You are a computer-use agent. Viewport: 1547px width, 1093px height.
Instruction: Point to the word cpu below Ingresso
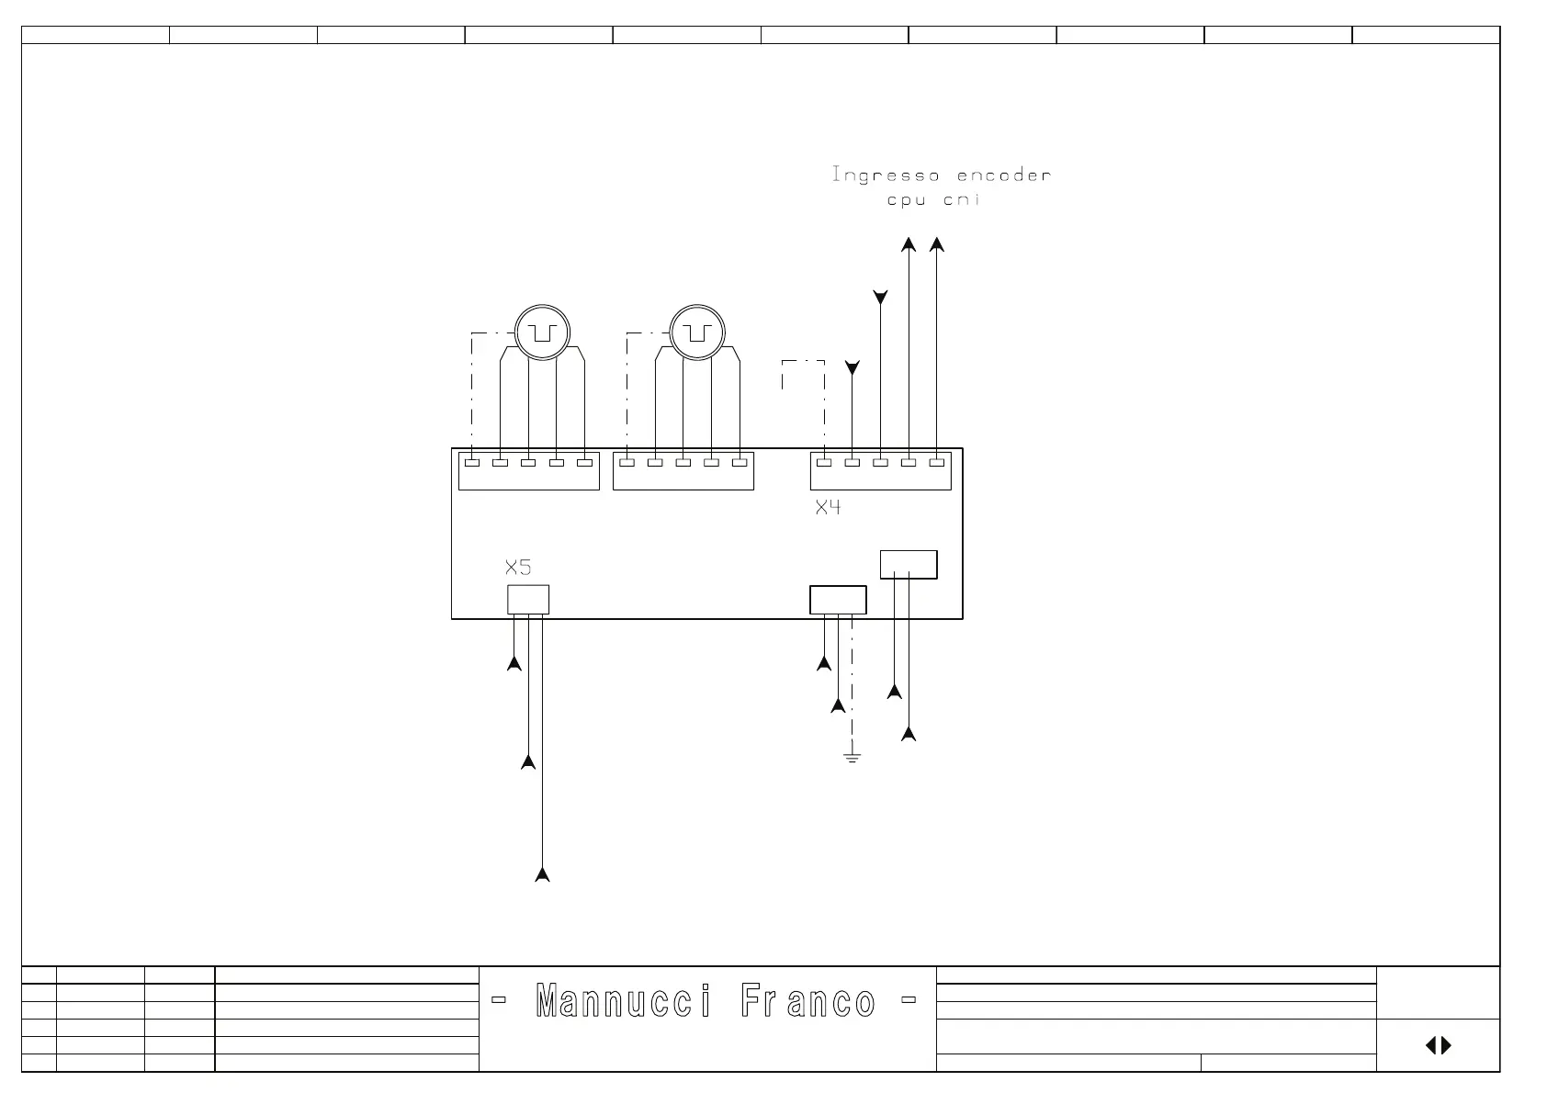pos(906,199)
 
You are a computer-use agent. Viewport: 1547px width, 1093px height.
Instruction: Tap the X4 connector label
pos(828,507)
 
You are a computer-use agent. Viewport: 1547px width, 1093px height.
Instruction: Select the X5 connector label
pos(518,567)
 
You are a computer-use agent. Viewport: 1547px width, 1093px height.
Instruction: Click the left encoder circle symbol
pos(542,332)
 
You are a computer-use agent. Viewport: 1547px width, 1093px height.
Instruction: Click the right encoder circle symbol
pos(697,332)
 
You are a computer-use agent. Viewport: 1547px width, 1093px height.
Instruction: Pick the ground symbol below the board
pos(852,758)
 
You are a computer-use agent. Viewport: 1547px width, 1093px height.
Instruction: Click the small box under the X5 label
pos(528,600)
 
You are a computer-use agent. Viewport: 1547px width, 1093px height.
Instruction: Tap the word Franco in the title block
pos(807,1001)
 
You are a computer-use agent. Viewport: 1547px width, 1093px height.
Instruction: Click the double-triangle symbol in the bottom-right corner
pos(1438,1045)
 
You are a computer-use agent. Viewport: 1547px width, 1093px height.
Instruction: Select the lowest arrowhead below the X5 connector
pos(542,874)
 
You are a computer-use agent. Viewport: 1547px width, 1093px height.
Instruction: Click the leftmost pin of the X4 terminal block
pos(824,463)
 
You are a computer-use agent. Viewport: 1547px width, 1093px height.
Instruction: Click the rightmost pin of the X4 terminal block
pos(936,463)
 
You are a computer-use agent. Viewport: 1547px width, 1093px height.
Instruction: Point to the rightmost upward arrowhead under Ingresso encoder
pos(936,244)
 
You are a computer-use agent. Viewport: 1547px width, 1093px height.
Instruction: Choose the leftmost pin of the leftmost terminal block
pos(472,463)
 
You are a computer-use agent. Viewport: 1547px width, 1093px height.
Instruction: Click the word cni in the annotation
pos(962,199)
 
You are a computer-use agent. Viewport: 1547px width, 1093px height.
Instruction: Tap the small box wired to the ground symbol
pos(838,600)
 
